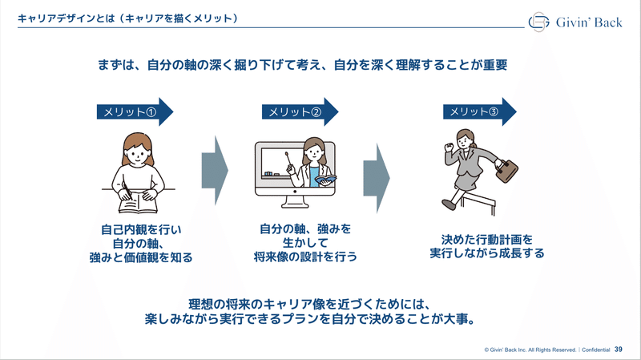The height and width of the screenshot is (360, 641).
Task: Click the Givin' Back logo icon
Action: pos(538,22)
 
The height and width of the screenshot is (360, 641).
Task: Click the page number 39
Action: pos(618,350)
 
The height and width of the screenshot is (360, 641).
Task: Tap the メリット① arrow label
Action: pos(135,111)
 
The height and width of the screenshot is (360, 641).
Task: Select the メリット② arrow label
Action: pos(300,111)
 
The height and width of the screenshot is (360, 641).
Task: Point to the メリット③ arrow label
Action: pos(480,111)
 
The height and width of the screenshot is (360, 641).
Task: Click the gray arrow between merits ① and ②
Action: pos(215,170)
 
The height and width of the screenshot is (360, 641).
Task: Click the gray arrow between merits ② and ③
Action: pos(377,178)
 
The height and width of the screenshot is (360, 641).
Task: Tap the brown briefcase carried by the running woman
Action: pos(506,170)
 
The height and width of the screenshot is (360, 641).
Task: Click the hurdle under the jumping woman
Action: pos(479,204)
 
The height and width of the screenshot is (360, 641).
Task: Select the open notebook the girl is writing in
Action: pos(138,204)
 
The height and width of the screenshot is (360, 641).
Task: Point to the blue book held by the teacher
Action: pos(325,180)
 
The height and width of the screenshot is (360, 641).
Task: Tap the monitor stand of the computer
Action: pos(295,202)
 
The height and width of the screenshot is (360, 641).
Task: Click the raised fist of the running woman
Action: pos(450,146)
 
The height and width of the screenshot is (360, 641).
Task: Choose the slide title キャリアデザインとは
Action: pos(67,18)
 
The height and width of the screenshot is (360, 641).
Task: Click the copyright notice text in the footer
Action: pos(530,350)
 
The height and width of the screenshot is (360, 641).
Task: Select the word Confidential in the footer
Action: pos(595,350)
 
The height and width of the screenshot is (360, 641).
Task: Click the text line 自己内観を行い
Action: pos(141,229)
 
